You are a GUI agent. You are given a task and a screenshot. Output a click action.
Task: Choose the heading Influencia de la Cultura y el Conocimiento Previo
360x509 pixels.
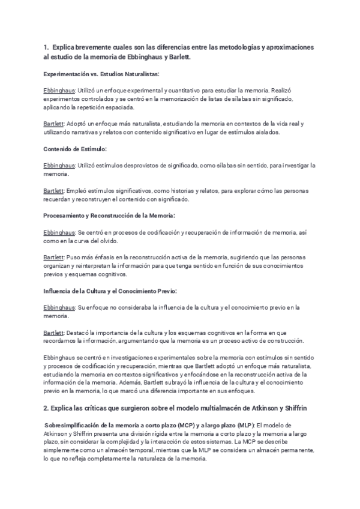110,291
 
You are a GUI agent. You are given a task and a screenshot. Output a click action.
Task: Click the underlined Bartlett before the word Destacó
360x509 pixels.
55,332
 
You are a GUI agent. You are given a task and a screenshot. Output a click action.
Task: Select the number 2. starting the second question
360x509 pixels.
46,408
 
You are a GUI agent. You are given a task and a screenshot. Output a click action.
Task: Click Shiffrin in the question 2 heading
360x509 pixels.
294,408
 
